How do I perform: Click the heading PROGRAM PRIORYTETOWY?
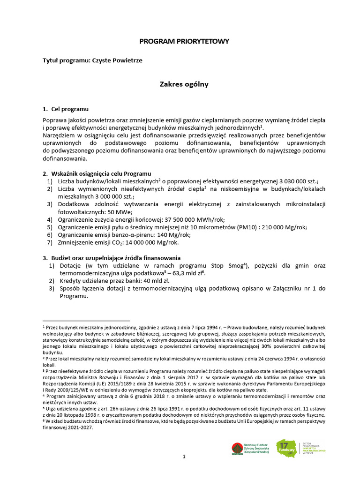[184, 41]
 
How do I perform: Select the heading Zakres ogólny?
[184, 84]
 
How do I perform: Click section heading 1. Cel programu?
[66, 109]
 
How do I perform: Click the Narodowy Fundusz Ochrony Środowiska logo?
[244, 449]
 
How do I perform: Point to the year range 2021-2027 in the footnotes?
[79, 427]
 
